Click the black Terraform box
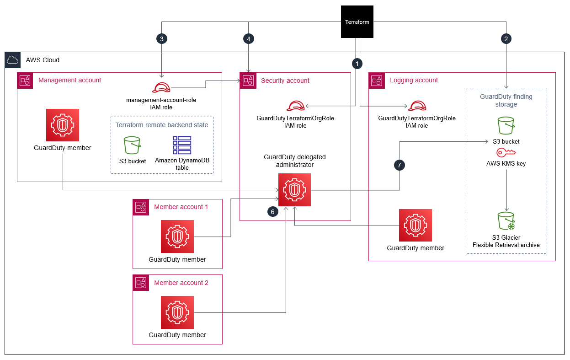(357, 21)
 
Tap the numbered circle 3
(162, 39)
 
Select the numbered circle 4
(248, 39)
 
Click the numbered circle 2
(506, 39)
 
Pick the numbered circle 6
(273, 212)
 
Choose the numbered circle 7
(400, 165)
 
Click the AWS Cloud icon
(13, 60)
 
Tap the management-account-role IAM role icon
(161, 87)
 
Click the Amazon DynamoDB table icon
(182, 145)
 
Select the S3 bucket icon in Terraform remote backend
(132, 145)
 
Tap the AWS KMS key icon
(506, 153)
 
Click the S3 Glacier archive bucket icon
(506, 220)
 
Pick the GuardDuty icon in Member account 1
(177, 236)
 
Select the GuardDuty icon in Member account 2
(177, 312)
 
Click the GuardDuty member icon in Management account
(62, 125)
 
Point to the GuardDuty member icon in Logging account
(415, 225)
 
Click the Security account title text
(285, 81)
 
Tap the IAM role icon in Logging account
(417, 106)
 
